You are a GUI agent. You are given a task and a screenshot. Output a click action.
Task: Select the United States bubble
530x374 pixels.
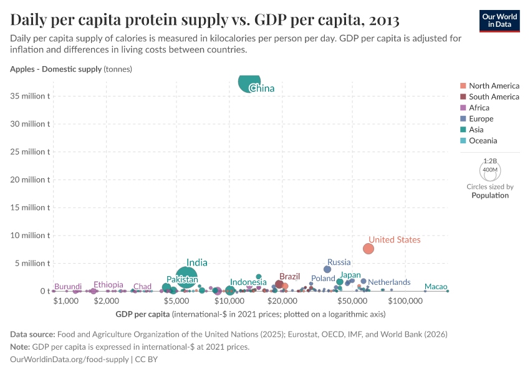point(369,249)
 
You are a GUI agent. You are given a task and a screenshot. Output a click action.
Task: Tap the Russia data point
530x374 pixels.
point(327,269)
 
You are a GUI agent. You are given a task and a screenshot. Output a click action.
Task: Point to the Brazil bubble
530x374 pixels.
point(279,284)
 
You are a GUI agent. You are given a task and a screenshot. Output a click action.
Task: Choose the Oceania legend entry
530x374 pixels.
point(483,141)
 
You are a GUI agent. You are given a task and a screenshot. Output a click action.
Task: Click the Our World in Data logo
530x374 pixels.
point(499,20)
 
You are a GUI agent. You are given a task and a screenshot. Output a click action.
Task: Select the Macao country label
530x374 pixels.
point(436,287)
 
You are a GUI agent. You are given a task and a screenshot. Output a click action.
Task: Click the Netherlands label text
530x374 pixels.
point(389,282)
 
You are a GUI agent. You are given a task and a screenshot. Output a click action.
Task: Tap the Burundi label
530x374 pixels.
point(68,287)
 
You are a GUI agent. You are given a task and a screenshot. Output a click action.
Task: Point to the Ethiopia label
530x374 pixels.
point(108,285)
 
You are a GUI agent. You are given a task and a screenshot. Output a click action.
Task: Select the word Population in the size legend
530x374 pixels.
point(490,195)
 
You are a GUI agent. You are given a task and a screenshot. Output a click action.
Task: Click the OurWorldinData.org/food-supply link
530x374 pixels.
point(70,360)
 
